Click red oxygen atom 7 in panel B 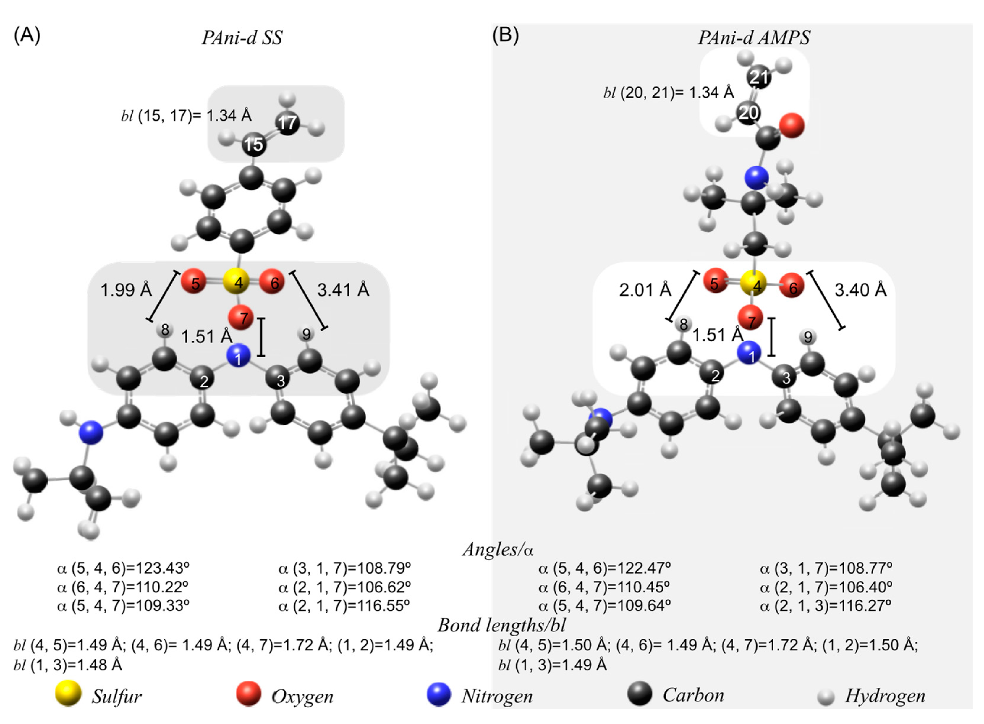(750, 319)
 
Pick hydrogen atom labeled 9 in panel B (807, 337)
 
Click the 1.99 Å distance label (126, 290)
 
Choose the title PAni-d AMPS (754, 38)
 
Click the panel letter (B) (505, 35)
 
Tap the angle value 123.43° (162, 568)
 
